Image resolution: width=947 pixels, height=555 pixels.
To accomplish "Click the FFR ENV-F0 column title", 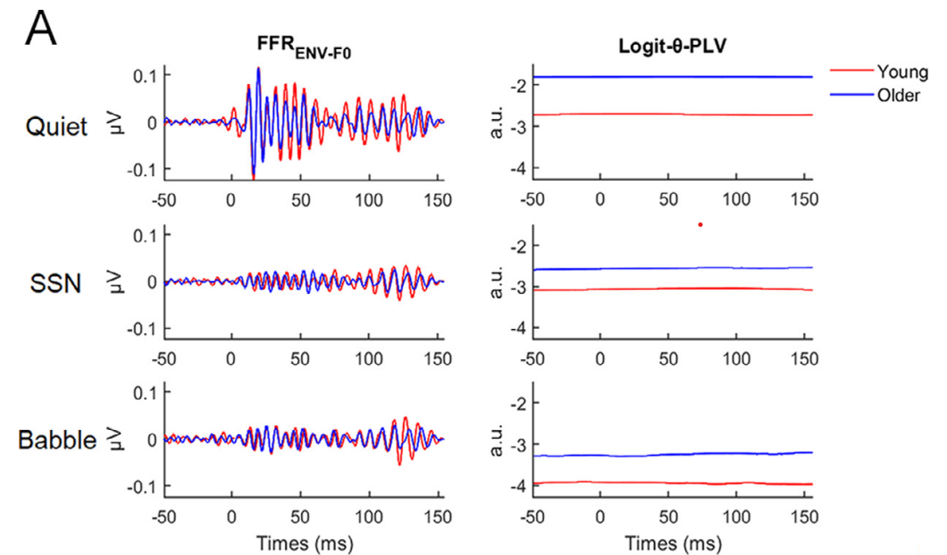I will (x=301, y=51).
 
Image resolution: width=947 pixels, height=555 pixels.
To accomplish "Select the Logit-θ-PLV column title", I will (x=672, y=51).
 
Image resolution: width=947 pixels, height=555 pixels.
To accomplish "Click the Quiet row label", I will (x=57, y=127).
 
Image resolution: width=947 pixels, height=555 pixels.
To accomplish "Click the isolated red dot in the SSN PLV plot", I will (x=700, y=224).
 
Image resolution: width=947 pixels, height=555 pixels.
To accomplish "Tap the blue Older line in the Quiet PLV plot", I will (x=670, y=77).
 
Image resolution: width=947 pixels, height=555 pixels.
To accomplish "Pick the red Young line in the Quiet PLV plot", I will (x=670, y=114).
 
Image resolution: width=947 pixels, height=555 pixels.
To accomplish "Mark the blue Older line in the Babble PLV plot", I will (x=670, y=455).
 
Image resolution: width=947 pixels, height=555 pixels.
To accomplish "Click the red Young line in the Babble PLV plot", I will (x=670, y=483).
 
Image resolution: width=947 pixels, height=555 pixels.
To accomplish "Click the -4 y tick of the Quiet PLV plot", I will (x=515, y=169).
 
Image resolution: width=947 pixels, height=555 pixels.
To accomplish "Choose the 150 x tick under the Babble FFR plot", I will (x=437, y=516).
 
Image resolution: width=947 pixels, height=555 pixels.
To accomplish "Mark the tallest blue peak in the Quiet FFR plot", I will (x=258, y=69).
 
